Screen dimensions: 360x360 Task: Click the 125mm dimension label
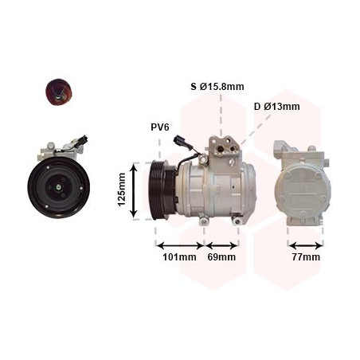pos(121,190)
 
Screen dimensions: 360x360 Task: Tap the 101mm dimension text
pos(179,257)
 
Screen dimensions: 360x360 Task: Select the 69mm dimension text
pos(221,257)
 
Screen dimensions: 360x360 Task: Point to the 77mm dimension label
pos(306,257)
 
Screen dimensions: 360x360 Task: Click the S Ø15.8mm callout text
pos(217,87)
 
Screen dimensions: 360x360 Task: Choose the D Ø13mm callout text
pos(277,107)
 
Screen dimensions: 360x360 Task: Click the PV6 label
pos(160,127)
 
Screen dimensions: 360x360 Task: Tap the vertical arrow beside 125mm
pos(134,191)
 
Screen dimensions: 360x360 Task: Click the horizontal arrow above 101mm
pos(180,245)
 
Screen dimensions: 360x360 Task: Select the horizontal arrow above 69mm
pos(221,245)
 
